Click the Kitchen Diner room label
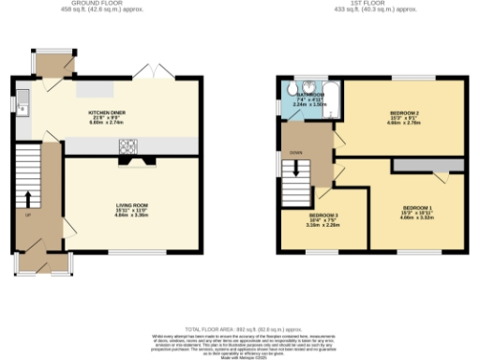coord(106,114)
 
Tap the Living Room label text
coord(132,208)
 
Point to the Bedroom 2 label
coord(404,115)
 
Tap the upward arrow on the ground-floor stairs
coord(27,198)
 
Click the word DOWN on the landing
coord(295,152)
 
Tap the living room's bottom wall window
coord(132,251)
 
